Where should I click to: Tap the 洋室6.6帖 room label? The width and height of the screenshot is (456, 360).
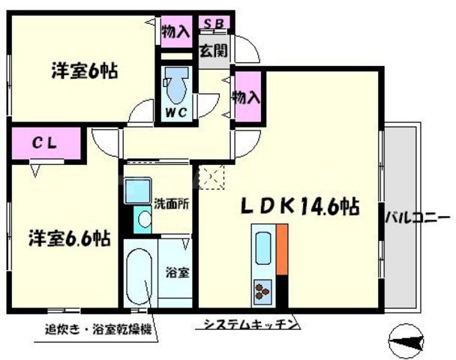click(70, 239)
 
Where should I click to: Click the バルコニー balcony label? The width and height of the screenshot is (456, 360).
click(418, 218)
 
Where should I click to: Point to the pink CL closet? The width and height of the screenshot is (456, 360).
click(44, 142)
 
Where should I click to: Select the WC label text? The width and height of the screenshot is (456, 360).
click(175, 113)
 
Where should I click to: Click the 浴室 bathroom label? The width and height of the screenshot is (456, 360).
click(177, 271)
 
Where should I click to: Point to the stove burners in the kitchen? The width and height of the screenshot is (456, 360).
click(263, 289)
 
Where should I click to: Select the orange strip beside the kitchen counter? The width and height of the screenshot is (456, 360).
click(282, 248)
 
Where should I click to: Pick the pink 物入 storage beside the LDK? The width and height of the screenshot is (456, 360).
click(247, 97)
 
